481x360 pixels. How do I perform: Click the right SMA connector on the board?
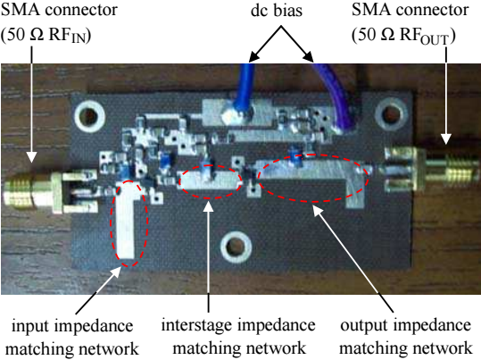429,168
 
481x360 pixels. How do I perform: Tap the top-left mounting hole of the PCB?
89,116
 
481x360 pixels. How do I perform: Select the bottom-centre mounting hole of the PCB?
236,247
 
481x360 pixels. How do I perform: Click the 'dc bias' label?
277,11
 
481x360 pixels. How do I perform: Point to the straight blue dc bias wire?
245,88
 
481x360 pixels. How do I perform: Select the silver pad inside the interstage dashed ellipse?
210,180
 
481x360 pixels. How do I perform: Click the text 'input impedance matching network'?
72,338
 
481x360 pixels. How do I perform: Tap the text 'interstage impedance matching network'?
238,337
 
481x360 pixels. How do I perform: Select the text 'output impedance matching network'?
405,337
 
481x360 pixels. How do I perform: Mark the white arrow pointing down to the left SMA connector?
31,105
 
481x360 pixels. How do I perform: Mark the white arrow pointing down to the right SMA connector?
446,96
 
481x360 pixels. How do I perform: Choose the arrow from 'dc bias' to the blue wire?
264,44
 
